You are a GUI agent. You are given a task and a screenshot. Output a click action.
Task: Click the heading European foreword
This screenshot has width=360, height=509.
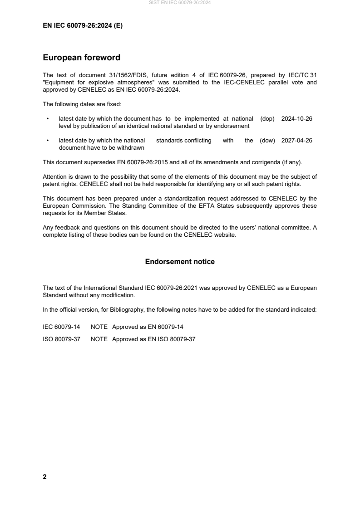coord(81,58)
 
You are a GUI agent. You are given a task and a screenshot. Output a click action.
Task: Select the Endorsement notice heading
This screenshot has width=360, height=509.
coord(180,262)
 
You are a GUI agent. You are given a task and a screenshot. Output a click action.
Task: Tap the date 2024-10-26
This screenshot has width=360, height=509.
coord(296,118)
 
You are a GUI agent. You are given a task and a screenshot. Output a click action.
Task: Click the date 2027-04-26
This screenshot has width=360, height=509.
coord(296,140)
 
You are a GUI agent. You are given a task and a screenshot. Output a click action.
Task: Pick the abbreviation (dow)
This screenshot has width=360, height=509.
coord(268,140)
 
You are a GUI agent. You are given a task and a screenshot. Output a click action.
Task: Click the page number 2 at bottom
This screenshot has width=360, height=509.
coord(44,477)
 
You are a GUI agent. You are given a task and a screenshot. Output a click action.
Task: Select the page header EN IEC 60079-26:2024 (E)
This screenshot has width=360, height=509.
coord(83,26)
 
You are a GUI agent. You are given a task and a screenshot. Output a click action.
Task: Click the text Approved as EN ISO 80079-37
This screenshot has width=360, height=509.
coord(153,338)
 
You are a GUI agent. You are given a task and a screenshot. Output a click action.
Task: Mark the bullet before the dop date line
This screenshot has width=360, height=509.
coord(48,118)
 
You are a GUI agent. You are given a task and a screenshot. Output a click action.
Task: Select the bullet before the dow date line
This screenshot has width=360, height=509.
coord(48,140)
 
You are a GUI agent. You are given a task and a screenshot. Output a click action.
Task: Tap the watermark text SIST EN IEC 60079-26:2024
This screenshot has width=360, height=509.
coord(180,3)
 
